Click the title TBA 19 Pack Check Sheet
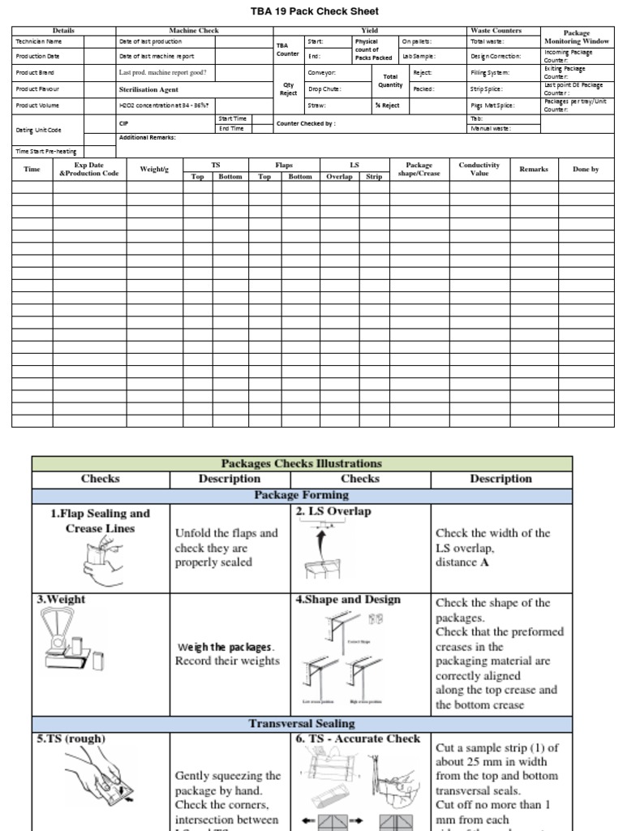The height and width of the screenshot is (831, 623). pyautogui.click(x=303, y=11)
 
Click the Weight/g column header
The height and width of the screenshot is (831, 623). pyautogui.click(x=154, y=169)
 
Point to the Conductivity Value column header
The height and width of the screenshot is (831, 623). pyautogui.click(x=479, y=169)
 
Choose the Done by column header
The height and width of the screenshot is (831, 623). pyautogui.click(x=586, y=169)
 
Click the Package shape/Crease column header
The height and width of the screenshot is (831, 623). pyautogui.click(x=419, y=169)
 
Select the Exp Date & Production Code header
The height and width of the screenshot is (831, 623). pyautogui.click(x=88, y=169)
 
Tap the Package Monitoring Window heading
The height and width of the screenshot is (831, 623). pyautogui.click(x=577, y=37)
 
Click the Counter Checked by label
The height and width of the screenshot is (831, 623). pyautogui.click(x=306, y=124)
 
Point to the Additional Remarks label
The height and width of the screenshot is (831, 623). pyautogui.click(x=148, y=138)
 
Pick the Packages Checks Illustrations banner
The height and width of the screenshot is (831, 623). pyautogui.click(x=301, y=463)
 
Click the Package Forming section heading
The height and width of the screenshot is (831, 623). pyautogui.click(x=301, y=495)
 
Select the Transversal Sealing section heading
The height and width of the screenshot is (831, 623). pyautogui.click(x=301, y=722)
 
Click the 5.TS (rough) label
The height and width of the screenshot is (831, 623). pyautogui.click(x=71, y=738)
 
